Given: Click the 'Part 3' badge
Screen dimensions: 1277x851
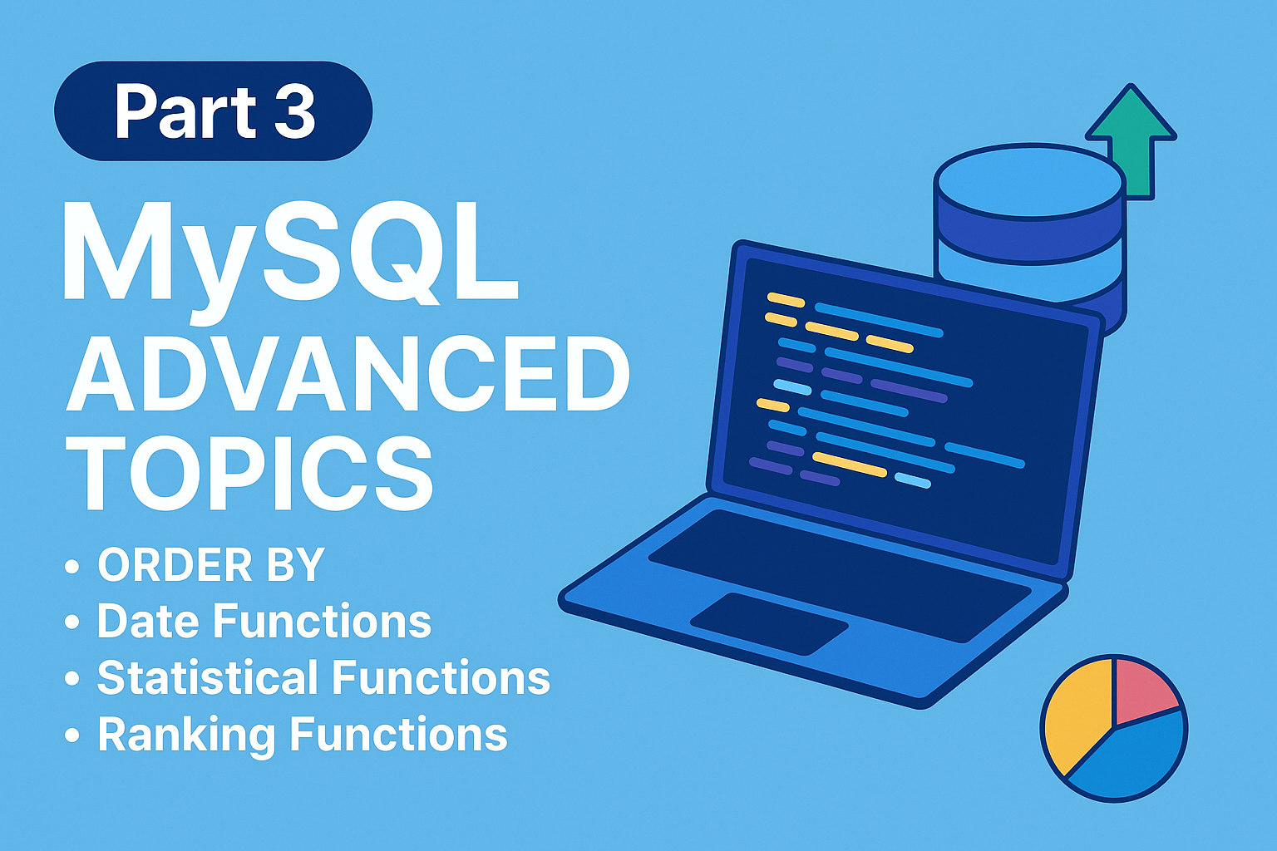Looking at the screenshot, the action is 213,111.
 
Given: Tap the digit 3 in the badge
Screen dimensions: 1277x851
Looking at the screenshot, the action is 294,111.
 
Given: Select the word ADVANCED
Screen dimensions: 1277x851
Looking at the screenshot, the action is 348,373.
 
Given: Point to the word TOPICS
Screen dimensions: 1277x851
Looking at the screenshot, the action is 249,472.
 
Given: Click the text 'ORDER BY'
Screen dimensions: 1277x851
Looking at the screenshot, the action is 211,565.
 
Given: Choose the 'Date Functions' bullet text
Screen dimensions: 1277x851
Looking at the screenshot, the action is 264,620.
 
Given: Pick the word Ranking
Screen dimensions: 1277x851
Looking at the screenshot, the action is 187,735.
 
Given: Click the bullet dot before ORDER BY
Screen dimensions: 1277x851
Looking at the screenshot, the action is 71,567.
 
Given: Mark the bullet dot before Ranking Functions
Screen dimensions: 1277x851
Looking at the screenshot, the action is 71,735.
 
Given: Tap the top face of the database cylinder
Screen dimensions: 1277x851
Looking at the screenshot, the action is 1030,180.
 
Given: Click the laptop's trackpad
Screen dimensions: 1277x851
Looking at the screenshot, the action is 769,623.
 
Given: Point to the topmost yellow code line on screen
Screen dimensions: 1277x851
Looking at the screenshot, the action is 786,299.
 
